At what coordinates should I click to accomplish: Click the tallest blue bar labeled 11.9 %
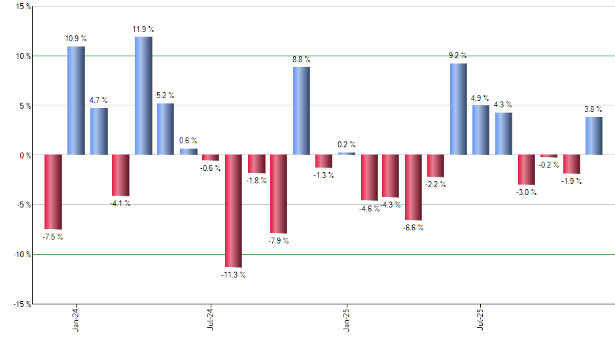point(143,96)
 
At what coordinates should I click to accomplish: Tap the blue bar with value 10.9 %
point(76,101)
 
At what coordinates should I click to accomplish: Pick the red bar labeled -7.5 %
point(53,192)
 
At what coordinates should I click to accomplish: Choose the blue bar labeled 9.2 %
point(458,109)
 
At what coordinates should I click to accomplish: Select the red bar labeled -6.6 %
point(413,187)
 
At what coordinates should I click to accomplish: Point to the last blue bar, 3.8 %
point(593,136)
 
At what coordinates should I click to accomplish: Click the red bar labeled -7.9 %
point(279,194)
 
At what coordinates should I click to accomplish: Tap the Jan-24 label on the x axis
point(77,319)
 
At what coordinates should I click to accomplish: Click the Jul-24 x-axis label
point(211,319)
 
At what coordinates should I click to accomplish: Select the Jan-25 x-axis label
point(346,319)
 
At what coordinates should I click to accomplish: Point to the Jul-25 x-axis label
point(481,319)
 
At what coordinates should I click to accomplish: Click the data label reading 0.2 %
point(347,145)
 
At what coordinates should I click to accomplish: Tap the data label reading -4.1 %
point(120,204)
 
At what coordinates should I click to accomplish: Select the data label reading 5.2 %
point(166,95)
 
